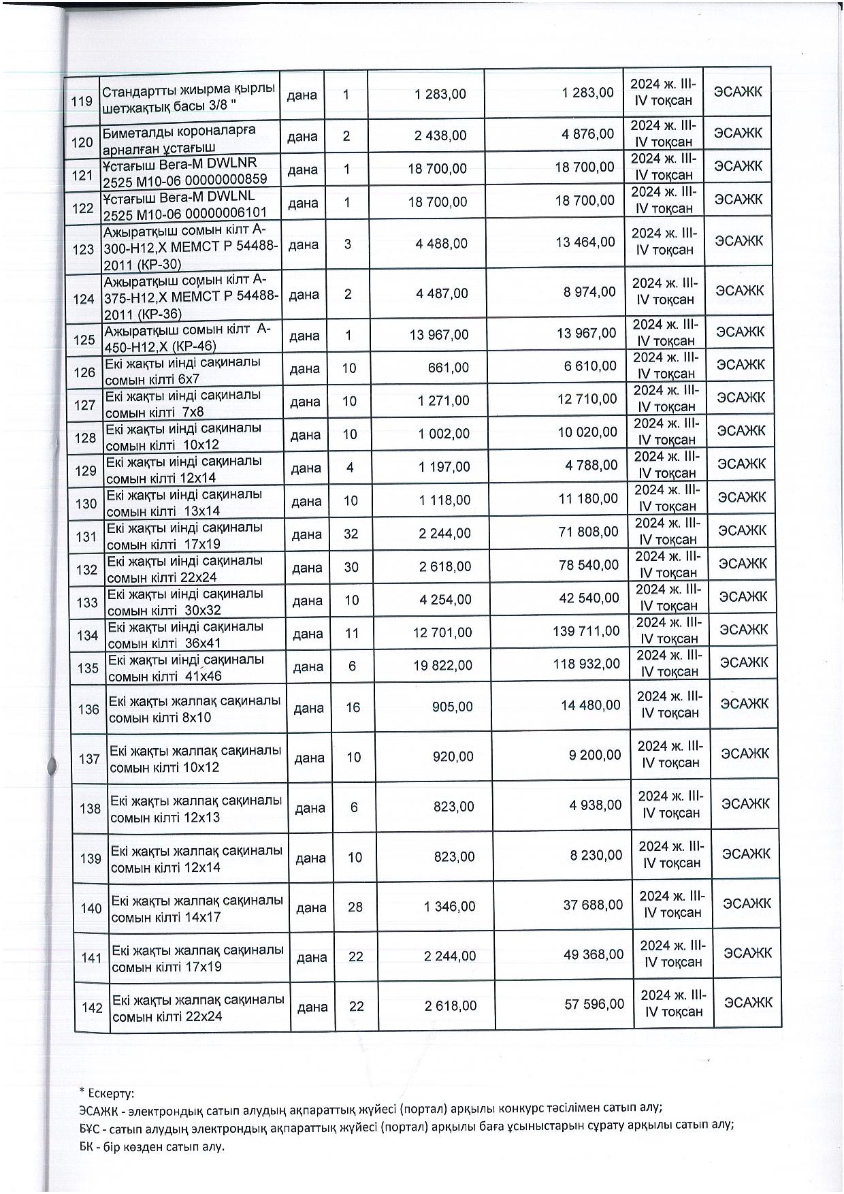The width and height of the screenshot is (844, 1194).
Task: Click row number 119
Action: pyautogui.click(x=82, y=101)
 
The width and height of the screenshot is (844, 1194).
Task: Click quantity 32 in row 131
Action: pyautogui.click(x=351, y=534)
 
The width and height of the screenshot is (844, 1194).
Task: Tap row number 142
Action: pyautogui.click(x=92, y=1007)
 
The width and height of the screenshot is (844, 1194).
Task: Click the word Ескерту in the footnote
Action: pyautogui.click(x=110, y=1093)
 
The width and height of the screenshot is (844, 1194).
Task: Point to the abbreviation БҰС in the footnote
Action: pyautogui.click(x=89, y=1125)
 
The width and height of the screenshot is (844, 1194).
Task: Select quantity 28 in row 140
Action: pyautogui.click(x=355, y=907)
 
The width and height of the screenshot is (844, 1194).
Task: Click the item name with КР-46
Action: pyautogui.click(x=188, y=335)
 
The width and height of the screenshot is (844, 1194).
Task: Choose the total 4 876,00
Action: pyautogui.click(x=588, y=135)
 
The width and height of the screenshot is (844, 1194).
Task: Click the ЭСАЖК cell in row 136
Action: pyautogui.click(x=743, y=704)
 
